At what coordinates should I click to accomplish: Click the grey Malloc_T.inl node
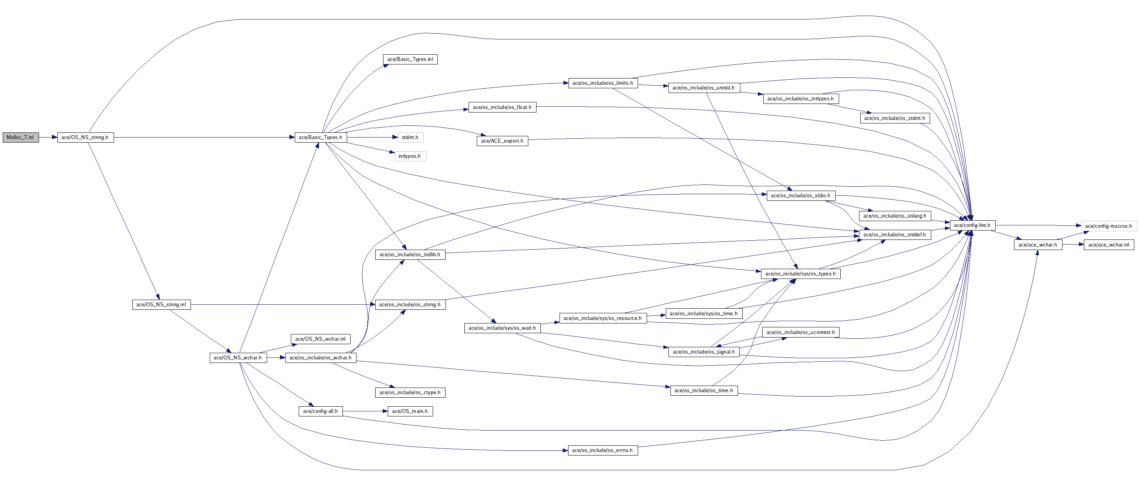point(20,138)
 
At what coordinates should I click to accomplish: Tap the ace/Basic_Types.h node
point(321,138)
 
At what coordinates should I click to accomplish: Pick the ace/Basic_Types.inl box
point(410,59)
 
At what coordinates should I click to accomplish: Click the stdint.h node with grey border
point(410,138)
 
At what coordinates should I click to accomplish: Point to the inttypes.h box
point(410,156)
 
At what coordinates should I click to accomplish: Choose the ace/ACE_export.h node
point(502,141)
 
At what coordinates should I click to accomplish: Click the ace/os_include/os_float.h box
point(502,107)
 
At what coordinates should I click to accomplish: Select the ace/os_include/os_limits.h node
point(602,83)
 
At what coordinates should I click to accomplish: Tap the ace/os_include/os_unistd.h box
point(704,88)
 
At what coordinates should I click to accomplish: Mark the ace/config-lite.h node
point(972,225)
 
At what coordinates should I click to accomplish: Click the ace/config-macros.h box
point(1109,226)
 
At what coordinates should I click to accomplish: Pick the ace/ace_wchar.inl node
point(1109,245)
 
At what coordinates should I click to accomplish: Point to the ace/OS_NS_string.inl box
point(161,305)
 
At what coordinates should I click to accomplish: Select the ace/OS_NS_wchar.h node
point(238,357)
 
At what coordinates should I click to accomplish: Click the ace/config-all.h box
point(321,411)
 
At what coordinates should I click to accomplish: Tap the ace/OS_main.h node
point(410,411)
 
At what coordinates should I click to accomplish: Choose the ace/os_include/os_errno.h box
point(602,450)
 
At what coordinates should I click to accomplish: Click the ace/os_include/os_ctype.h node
point(410,393)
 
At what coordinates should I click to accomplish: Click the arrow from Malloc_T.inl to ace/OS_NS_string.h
point(48,138)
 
